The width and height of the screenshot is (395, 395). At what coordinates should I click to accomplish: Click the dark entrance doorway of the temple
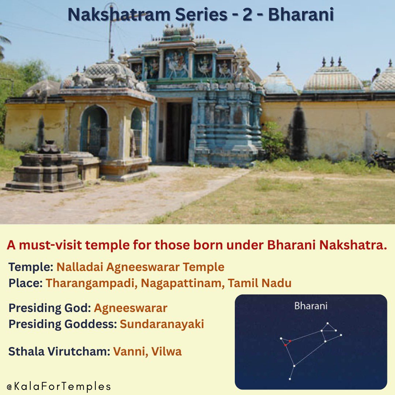click(178, 131)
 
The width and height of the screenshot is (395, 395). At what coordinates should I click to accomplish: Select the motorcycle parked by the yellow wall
click(381, 159)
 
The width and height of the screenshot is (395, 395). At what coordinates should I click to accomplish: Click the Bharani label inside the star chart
click(311, 306)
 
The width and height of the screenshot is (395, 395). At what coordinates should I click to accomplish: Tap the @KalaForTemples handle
click(59, 386)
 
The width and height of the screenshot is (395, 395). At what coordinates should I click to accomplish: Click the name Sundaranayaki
click(162, 324)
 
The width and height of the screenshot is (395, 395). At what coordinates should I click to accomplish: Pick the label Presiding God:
click(49, 308)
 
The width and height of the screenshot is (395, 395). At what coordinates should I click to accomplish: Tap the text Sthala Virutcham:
click(59, 352)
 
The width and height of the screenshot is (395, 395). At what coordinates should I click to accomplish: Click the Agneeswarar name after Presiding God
click(130, 308)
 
